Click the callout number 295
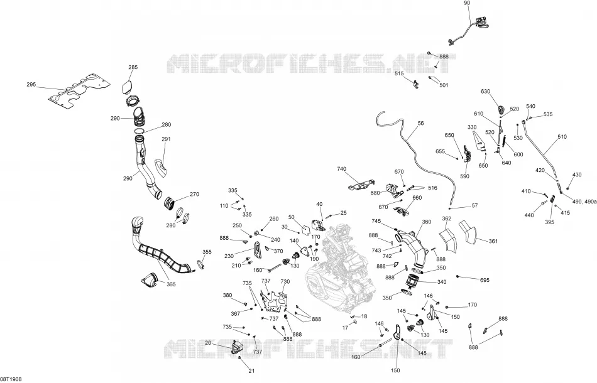[x=31, y=84]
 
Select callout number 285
[x=133, y=67]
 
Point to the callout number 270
[x=194, y=195]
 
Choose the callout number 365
[x=171, y=284]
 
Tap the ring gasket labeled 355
[x=202, y=264]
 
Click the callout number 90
[x=467, y=3]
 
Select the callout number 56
[x=420, y=123]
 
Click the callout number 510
[x=562, y=136]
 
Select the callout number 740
[x=341, y=169]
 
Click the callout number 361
[x=493, y=241]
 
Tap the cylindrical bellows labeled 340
[x=414, y=283]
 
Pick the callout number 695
[x=485, y=280]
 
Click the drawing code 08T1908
[x=11, y=379]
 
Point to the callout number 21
[x=251, y=371]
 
